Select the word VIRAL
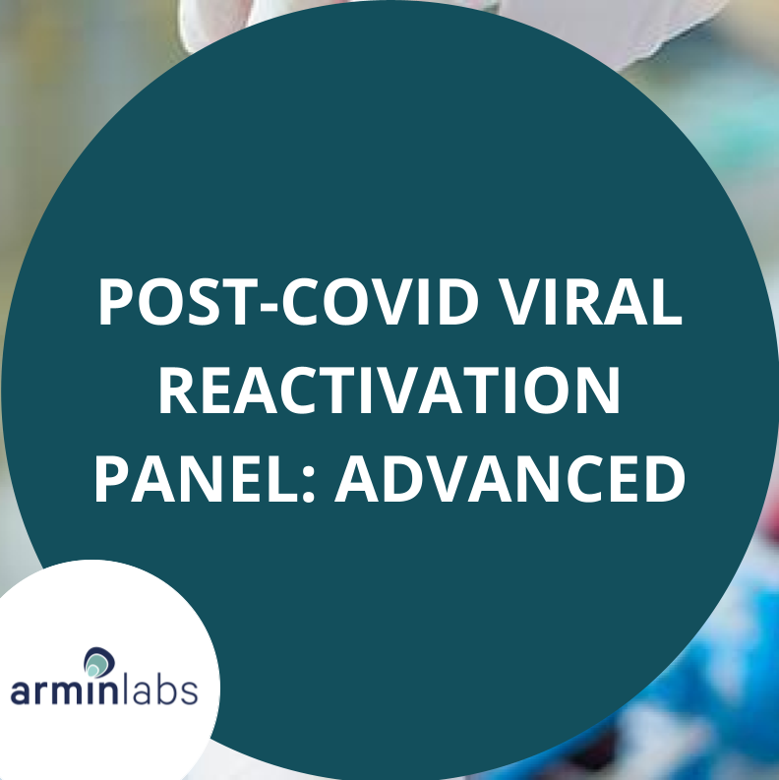click(x=590, y=301)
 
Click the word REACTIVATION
click(x=389, y=390)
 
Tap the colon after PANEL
click(x=309, y=485)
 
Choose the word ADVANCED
click(x=509, y=479)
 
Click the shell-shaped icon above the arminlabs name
click(x=99, y=662)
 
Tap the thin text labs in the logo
click(x=160, y=688)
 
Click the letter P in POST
click(x=117, y=301)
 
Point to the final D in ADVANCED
click(x=665, y=479)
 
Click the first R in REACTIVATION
click(x=179, y=390)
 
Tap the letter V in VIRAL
click(x=521, y=301)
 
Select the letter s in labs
click(x=189, y=691)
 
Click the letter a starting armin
click(x=21, y=691)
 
